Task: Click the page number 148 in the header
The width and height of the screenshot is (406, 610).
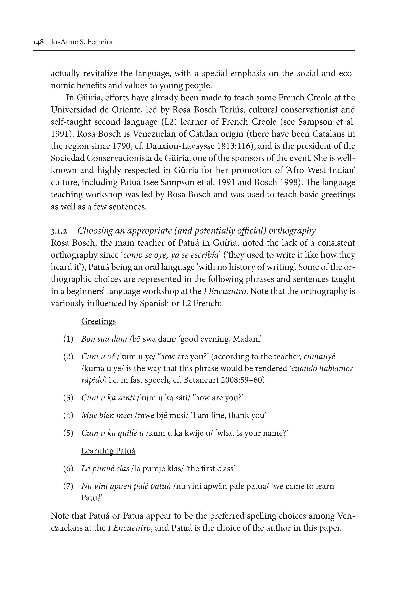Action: point(38,42)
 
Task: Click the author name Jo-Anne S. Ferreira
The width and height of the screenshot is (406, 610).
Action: point(82,42)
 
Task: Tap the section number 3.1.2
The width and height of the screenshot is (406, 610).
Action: point(59,231)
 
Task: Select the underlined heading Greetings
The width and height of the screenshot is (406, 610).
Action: point(98,321)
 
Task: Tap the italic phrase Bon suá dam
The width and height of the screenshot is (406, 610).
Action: point(104,339)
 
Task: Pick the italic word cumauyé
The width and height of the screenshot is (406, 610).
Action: point(319,357)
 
